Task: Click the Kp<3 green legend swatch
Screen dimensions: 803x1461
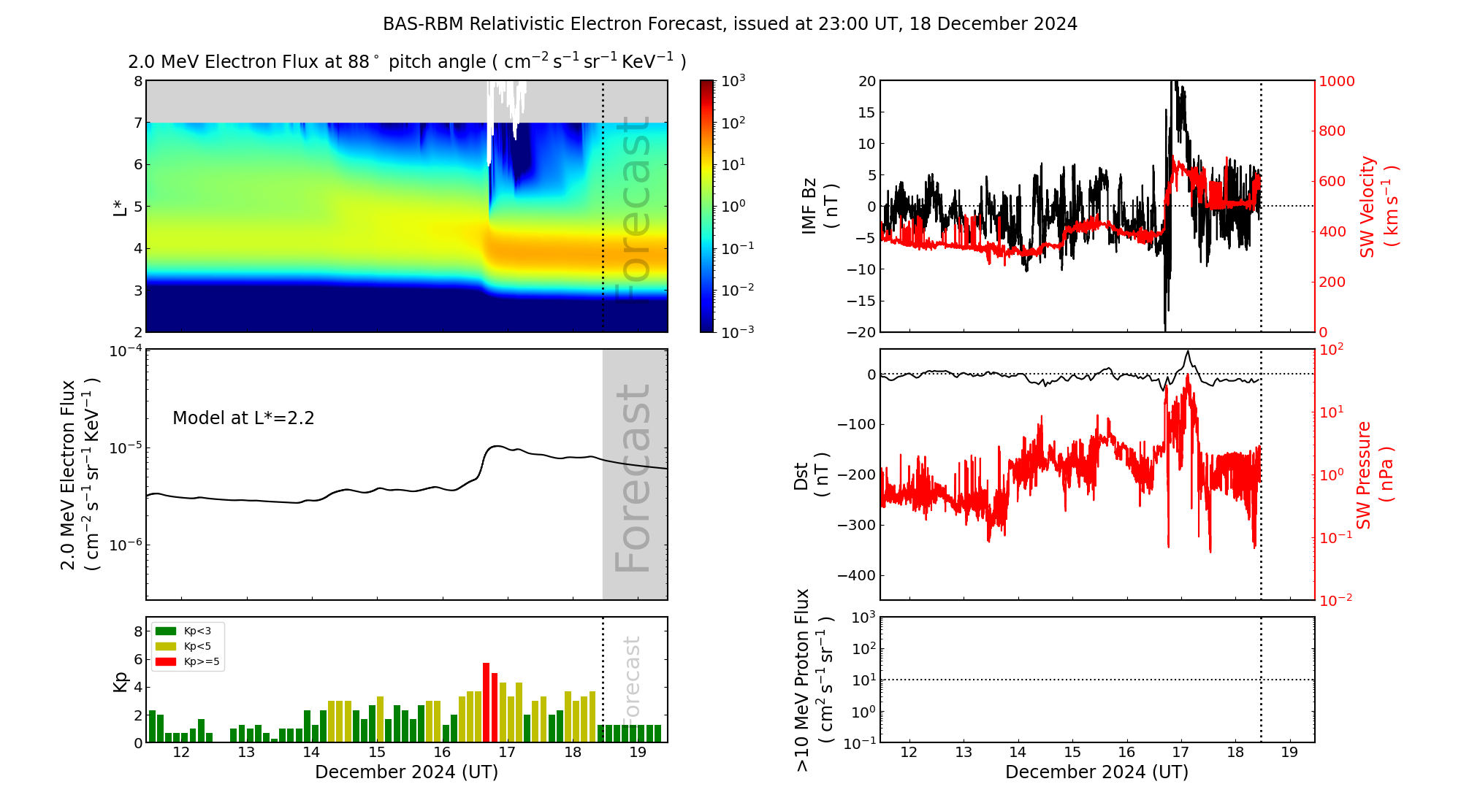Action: tap(166, 631)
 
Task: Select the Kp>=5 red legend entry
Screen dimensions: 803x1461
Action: tap(187, 662)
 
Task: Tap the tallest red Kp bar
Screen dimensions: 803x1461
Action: tap(486, 702)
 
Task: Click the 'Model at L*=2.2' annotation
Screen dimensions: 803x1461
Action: tap(243, 418)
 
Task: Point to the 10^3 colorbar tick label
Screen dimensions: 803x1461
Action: tap(733, 80)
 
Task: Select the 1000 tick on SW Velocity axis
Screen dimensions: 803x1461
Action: tap(1336, 81)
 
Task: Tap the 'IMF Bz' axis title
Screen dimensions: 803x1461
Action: tap(809, 206)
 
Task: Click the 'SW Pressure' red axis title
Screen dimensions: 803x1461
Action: tap(1364, 474)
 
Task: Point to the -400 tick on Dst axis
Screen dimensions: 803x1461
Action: tap(856, 575)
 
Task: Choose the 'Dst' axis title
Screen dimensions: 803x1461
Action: tap(801, 475)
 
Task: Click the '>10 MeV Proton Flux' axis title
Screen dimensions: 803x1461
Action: tap(803, 680)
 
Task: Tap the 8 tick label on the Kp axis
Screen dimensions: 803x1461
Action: tap(138, 631)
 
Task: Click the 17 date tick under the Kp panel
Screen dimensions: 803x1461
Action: tap(507, 753)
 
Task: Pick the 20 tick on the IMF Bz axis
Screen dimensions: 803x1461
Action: tap(866, 81)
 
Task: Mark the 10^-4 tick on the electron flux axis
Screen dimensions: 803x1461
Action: tap(125, 351)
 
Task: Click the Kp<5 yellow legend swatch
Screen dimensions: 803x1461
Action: tap(166, 646)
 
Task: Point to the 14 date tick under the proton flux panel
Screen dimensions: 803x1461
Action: tap(1018, 753)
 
